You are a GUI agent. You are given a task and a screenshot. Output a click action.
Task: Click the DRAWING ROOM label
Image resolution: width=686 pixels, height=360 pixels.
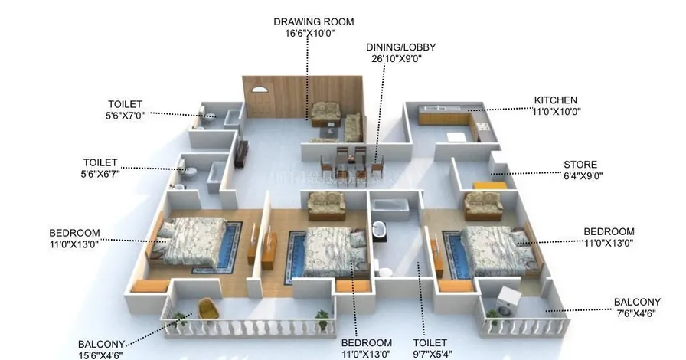(x=313, y=22)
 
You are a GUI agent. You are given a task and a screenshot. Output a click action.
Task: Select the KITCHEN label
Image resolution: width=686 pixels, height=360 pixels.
(x=556, y=100)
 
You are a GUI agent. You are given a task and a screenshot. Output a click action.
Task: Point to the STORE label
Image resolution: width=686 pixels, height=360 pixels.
(x=580, y=165)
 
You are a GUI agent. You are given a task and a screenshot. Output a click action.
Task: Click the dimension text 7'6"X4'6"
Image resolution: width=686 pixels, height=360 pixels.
(x=636, y=314)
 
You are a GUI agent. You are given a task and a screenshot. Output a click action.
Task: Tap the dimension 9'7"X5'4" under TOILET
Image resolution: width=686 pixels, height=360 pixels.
(x=431, y=355)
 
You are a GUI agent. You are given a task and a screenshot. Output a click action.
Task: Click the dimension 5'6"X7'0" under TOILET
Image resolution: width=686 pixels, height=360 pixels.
(x=126, y=116)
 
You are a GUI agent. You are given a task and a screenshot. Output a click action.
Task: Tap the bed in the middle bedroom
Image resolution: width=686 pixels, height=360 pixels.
(x=328, y=252)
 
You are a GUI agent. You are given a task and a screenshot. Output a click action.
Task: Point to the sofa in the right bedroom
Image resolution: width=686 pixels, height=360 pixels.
(x=483, y=205)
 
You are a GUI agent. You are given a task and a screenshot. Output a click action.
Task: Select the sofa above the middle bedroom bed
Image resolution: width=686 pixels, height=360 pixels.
(x=326, y=204)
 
